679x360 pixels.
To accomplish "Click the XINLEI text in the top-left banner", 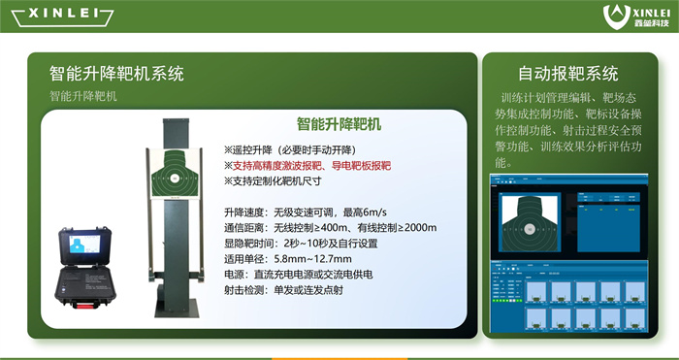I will click(x=57, y=16).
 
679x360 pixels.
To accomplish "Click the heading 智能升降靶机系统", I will click(x=116, y=73).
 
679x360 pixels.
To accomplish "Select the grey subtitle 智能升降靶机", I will click(x=82, y=96).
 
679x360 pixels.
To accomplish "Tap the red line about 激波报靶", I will click(x=310, y=166).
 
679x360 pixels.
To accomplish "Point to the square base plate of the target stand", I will click(x=178, y=314).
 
